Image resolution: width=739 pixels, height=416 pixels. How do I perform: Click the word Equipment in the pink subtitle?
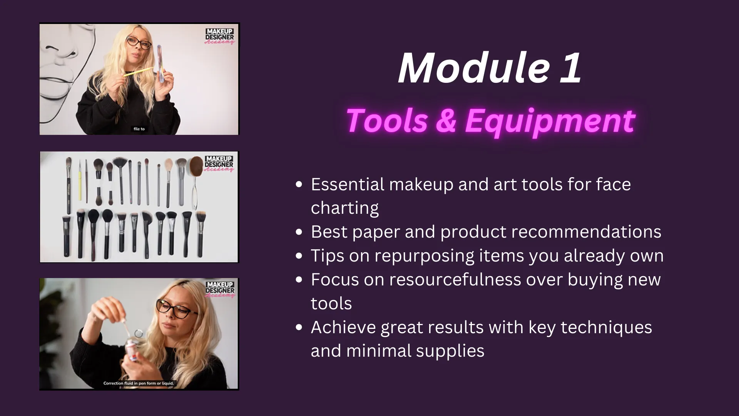click(550, 121)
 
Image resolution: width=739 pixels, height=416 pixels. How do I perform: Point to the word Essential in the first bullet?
click(348, 185)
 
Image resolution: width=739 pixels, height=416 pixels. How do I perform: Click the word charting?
click(344, 208)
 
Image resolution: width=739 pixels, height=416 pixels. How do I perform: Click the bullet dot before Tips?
click(299, 256)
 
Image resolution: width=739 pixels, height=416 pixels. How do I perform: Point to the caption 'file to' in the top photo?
click(139, 129)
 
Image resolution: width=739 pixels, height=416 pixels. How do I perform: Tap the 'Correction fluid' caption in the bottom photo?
click(139, 383)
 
